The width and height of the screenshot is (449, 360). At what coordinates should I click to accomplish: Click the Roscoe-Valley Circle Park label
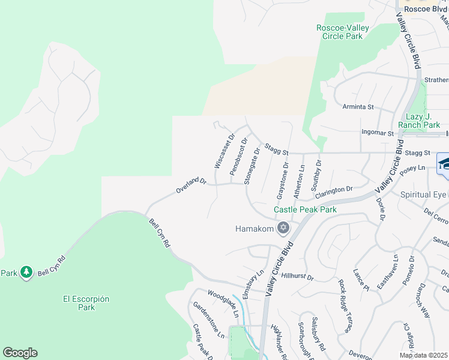pos(340,32)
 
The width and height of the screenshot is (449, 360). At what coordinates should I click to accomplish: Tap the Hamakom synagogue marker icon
pos(283,229)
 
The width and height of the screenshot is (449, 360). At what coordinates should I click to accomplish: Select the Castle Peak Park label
pos(305,210)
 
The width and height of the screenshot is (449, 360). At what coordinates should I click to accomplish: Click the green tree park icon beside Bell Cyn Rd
pos(26,272)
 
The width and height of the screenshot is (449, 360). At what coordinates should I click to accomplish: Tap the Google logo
pos(20,353)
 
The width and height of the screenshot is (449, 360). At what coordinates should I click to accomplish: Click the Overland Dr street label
pos(191,185)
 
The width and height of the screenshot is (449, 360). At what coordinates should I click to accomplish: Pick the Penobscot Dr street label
pos(238,157)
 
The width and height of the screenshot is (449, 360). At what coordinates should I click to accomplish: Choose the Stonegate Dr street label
pos(252,166)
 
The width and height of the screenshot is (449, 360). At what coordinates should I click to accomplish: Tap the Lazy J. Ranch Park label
pos(423,121)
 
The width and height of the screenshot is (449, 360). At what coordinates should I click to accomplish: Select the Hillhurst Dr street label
pos(298,276)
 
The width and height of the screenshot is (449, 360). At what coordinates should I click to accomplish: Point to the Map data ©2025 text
pos(423,355)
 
